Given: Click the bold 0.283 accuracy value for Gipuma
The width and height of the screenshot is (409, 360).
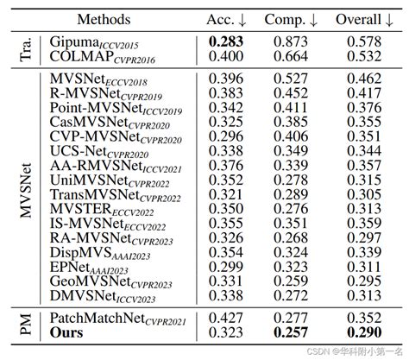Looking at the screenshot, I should point(225,41).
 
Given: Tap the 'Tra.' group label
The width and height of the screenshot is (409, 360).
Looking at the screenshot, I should point(27,48).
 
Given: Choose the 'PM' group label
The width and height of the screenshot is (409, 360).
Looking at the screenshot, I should point(27,324).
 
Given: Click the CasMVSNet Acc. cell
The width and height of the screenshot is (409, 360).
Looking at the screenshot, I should point(225,123).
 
